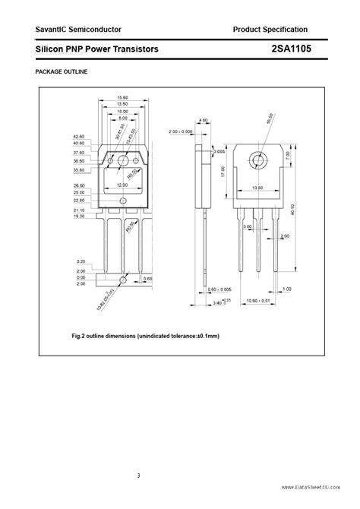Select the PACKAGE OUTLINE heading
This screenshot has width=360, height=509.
click(62, 71)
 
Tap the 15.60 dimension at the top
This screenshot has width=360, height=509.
click(122, 97)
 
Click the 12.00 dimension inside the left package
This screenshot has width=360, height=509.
click(122, 185)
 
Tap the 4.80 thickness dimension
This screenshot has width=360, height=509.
click(203, 120)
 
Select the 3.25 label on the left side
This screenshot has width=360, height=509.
click(81, 260)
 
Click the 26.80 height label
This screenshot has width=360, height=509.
click(80, 185)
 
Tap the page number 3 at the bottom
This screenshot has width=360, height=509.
click(139, 476)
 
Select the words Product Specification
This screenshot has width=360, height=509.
click(270, 29)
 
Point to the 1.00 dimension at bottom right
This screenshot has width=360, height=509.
click(286, 289)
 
